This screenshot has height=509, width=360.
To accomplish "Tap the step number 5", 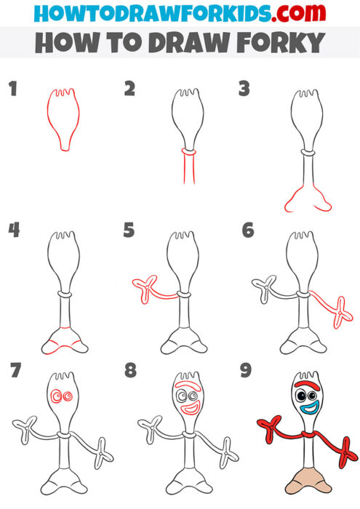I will click(129, 231).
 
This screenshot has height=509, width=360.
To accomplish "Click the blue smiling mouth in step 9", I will click(307, 409).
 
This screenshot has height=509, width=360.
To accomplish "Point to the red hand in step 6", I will click(339, 314).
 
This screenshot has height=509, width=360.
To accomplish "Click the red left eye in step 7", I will click(56, 397).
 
